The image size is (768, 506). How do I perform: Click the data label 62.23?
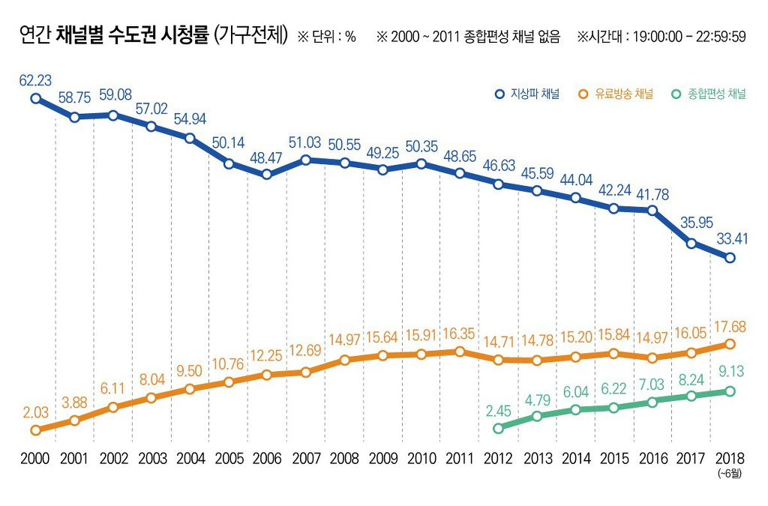(35, 80)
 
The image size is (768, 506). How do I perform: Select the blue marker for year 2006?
(267, 175)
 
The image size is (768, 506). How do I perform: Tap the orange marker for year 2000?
(35, 430)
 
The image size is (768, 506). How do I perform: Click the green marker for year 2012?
(499, 429)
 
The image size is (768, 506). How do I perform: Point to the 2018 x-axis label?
(730, 457)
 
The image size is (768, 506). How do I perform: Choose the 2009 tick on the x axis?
(382, 457)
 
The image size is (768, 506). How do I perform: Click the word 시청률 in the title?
(181, 34)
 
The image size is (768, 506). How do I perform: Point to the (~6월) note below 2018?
(730, 472)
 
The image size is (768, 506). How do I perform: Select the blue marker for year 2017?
(691, 244)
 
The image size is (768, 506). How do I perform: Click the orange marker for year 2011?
(460, 351)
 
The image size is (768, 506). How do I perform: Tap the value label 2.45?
(499, 411)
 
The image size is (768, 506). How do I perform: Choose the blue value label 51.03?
(305, 142)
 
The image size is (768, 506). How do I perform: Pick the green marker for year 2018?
(730, 391)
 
